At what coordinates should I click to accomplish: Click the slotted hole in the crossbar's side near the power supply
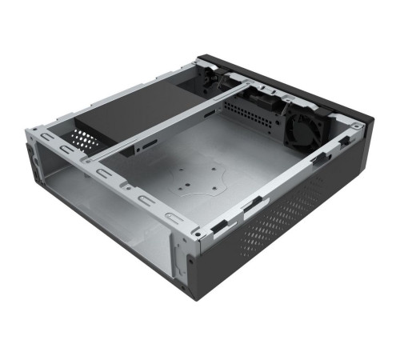coord(148,145)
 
